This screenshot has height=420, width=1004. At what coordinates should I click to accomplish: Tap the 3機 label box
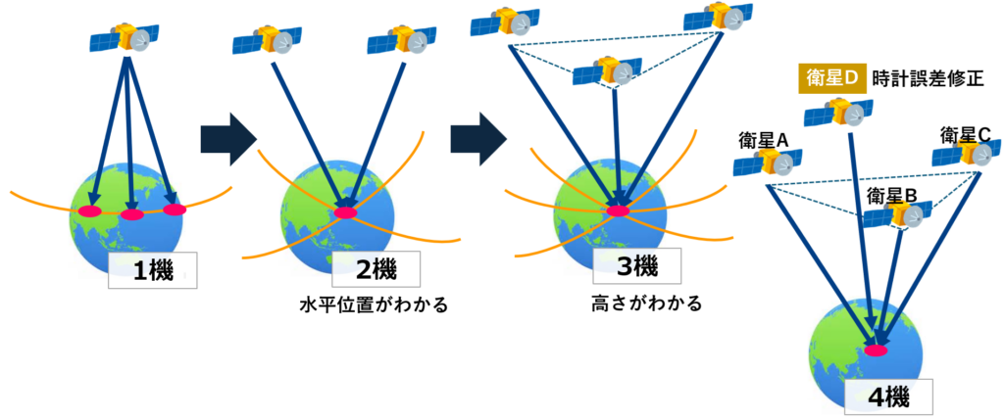627,264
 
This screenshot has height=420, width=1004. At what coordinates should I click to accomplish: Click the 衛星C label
966,134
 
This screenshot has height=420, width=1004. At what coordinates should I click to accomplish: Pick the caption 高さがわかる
628,303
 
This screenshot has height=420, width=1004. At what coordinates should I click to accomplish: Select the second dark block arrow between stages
477,138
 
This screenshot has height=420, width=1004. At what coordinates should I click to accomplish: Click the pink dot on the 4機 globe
875,350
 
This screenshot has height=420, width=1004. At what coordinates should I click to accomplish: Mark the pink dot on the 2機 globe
345,212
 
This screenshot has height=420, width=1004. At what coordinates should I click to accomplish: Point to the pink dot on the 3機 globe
618,210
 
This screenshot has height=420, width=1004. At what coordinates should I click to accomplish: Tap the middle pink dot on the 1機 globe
131,214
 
